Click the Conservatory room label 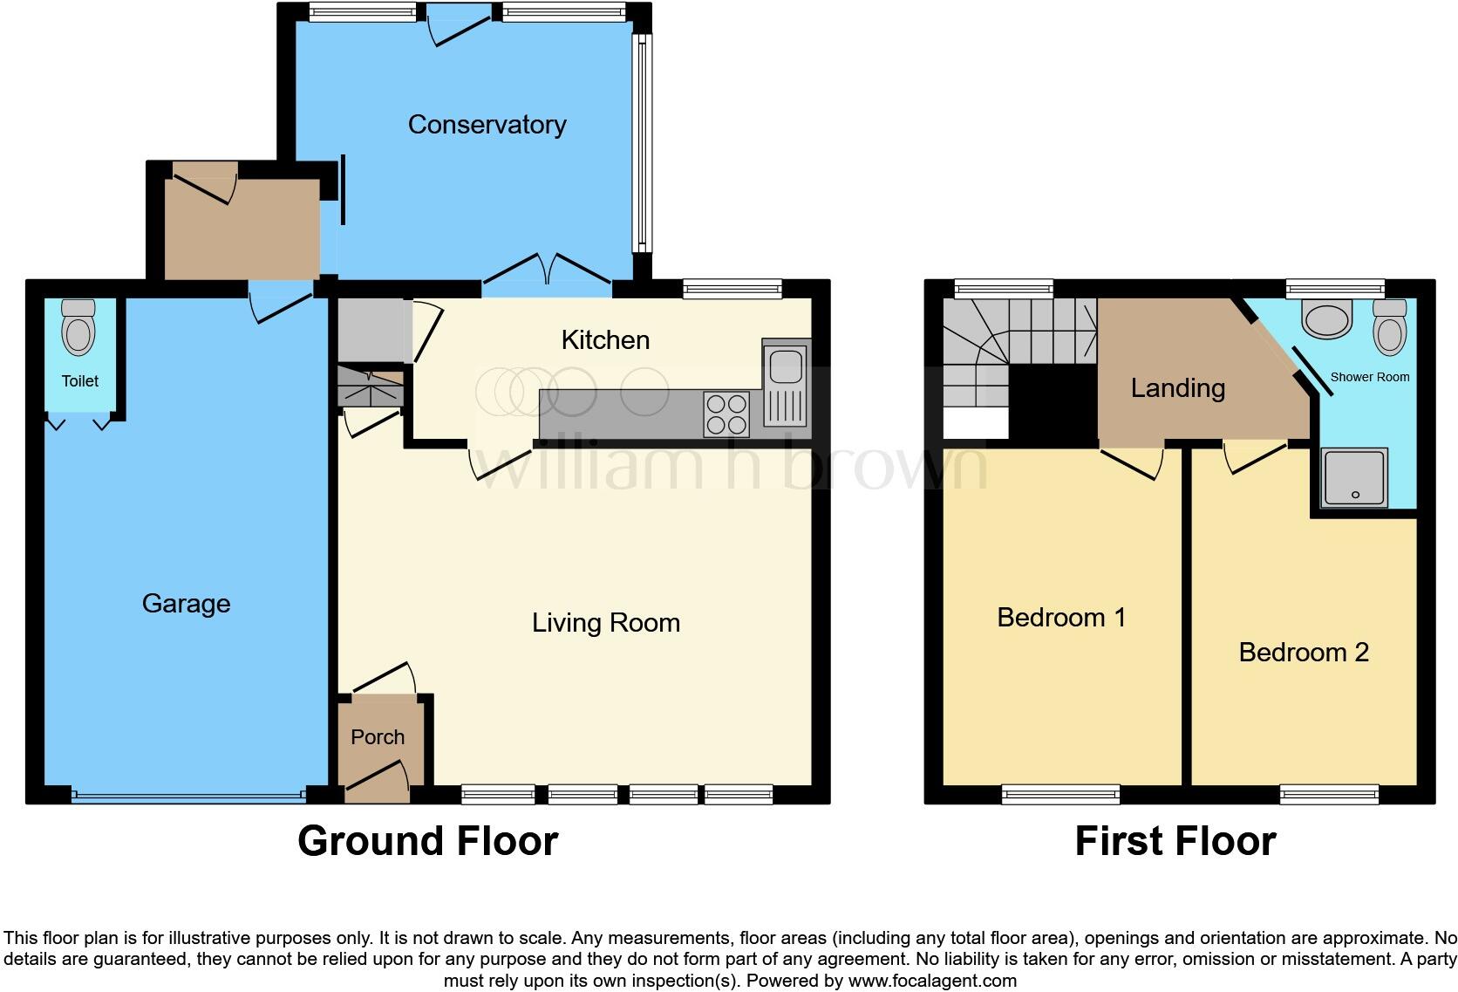pos(487,125)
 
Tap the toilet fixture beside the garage pos(78,327)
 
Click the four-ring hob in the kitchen pos(726,414)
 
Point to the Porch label pos(378,737)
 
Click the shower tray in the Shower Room pos(1354,477)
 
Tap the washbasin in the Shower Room pos(1326,318)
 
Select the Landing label pos(1177,388)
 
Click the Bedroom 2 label pos(1304,653)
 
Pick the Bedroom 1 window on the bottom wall pos(1060,794)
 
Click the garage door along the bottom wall pos(187,796)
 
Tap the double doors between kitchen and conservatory pos(547,270)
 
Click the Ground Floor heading pos(427,841)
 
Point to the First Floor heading pos(1175,841)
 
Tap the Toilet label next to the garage pos(79,381)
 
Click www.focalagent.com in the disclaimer pos(932,981)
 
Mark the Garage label pos(186,604)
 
